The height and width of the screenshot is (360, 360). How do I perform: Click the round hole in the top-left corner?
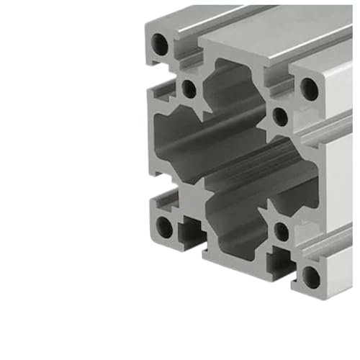tap(161, 46)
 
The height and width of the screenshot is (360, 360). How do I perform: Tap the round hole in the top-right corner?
tap(309, 89)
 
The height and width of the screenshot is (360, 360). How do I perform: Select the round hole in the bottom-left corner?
tap(165, 229)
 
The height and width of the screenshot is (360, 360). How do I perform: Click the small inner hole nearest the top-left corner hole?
tap(189, 89)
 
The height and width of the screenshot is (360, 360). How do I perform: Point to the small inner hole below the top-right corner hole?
tap(281, 115)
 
